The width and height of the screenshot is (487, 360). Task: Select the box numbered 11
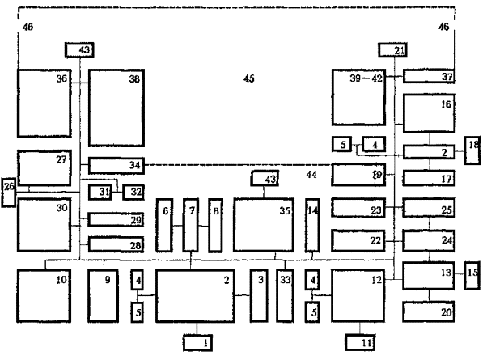point(361,343)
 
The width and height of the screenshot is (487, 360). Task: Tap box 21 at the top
point(392,51)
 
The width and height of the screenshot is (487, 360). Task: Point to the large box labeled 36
point(44,104)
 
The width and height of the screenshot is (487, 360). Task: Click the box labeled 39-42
point(359,97)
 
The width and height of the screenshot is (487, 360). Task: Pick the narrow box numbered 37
point(430,77)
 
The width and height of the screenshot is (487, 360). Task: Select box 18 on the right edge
point(472,150)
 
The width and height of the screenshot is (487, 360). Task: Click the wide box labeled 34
point(116,166)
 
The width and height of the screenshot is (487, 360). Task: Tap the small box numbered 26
point(9,191)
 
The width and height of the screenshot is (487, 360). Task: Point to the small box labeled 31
point(99,192)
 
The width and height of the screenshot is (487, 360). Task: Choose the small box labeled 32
point(132,192)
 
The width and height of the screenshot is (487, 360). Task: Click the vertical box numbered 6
point(165,224)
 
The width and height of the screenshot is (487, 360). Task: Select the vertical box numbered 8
point(215,224)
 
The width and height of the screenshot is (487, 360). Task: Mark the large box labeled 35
point(264,223)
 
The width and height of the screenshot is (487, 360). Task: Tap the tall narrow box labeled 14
point(312,224)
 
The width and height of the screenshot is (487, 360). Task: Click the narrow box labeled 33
point(283,296)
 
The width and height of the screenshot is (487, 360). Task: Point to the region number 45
point(249,78)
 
